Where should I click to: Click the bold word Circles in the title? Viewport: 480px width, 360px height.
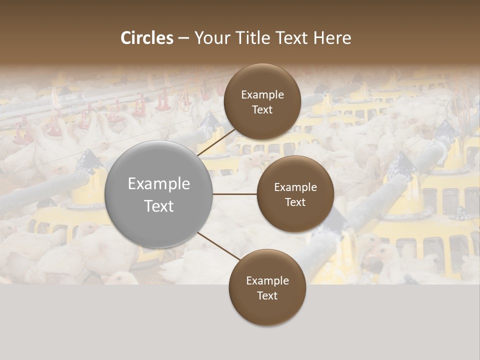tap(147, 38)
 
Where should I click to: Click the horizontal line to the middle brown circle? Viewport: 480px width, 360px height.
tap(235, 194)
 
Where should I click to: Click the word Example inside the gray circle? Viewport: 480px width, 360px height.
tap(159, 184)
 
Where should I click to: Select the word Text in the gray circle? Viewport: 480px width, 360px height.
tap(159, 206)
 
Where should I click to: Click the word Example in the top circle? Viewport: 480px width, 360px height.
tap(262, 94)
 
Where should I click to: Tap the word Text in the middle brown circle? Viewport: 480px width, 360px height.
tap(295, 202)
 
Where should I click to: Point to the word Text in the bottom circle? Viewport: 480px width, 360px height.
tap(267, 295)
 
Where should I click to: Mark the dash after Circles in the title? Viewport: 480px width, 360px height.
tap(183, 38)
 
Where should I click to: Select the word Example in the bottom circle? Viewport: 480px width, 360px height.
tap(267, 280)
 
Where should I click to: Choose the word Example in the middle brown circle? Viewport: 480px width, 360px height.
tap(295, 187)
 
